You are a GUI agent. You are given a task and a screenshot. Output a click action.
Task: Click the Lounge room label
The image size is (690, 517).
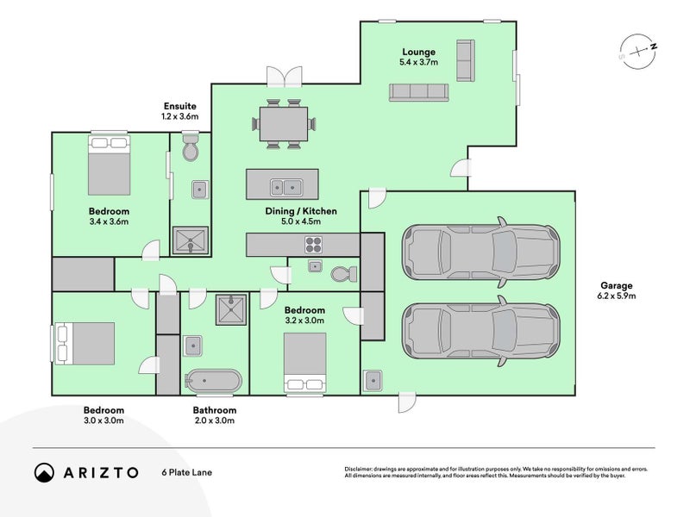click(x=418, y=52)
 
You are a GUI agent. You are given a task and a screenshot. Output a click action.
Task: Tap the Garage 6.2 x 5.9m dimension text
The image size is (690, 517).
click(x=616, y=296)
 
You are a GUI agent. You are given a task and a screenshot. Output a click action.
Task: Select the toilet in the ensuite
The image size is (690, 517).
click(x=191, y=147)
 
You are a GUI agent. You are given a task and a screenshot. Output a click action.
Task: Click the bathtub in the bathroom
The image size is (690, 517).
click(x=213, y=380)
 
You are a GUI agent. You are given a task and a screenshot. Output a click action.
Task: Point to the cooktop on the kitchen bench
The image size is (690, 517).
click(x=313, y=245)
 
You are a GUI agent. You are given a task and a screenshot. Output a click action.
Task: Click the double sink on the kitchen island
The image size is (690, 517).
click(x=286, y=188)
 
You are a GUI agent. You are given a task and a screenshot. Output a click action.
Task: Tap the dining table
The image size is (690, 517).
click(x=284, y=124)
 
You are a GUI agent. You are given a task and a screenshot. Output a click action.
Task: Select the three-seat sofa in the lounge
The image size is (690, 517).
click(x=418, y=92)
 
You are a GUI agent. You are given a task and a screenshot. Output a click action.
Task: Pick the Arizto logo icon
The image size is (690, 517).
click(x=44, y=472)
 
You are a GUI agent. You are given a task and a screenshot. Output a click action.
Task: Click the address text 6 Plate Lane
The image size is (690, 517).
click(x=186, y=472)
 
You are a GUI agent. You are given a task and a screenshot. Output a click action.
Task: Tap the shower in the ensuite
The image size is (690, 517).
click(x=190, y=240)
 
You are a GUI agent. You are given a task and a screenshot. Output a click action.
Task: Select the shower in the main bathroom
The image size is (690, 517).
click(x=231, y=310)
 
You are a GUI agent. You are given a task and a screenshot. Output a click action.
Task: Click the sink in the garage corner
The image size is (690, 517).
click(x=373, y=380)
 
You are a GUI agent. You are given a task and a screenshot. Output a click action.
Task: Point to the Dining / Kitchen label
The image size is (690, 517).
click(x=301, y=211)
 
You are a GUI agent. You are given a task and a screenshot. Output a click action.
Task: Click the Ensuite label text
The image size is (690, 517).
click(x=180, y=106)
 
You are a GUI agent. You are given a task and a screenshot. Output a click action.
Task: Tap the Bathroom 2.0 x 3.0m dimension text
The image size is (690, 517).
click(x=214, y=420)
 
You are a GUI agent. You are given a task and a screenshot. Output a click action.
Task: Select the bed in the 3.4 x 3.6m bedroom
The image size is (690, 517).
click(x=110, y=165)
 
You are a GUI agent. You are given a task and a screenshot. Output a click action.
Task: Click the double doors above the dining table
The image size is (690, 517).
click(x=285, y=77)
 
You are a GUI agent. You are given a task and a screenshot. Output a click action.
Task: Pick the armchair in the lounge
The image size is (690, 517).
click(x=466, y=60)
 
